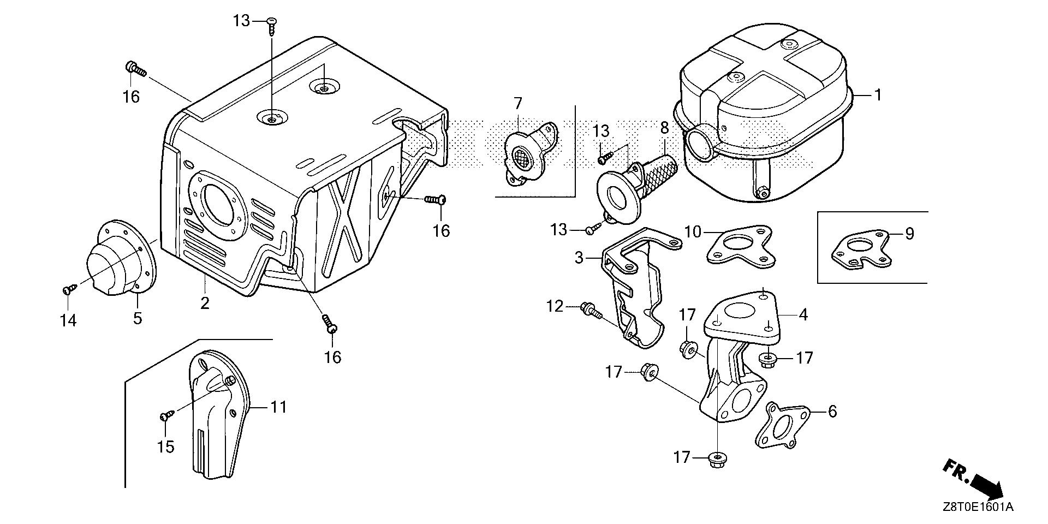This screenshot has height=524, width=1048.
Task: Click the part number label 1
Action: click(x=878, y=95)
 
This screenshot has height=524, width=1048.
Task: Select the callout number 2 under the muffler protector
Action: click(x=205, y=303)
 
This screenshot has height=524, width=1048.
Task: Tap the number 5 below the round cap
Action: click(x=138, y=318)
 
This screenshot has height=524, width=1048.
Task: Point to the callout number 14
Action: click(x=69, y=320)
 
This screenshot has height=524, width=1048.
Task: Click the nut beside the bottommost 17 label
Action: click(x=714, y=459)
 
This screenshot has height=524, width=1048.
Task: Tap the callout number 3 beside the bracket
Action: click(x=580, y=257)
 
